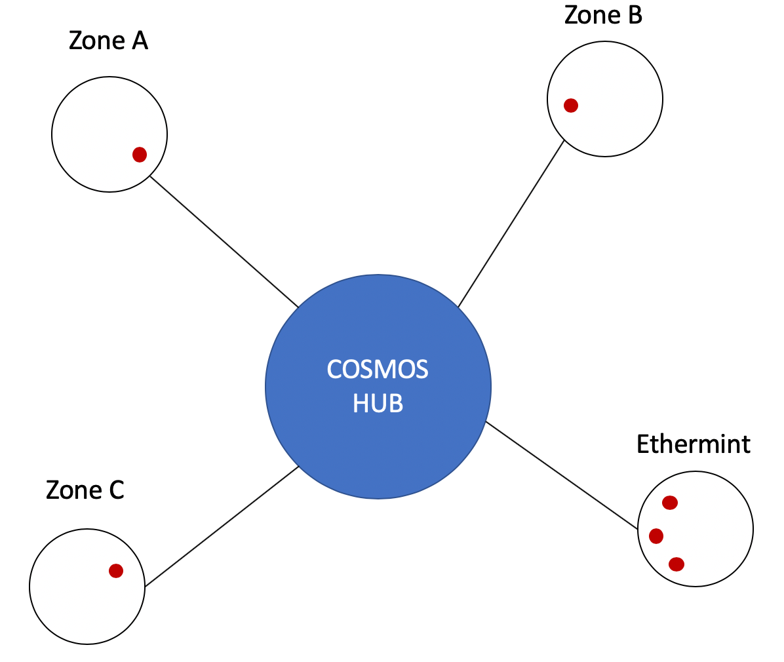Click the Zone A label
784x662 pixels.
coord(108,41)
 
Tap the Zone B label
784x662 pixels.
coord(603,14)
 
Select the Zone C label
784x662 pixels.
coord(85,490)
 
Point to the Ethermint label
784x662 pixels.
coord(693,444)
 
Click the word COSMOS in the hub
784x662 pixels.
coord(378,370)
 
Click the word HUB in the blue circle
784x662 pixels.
coord(378,403)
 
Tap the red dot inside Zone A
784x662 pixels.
coord(140,155)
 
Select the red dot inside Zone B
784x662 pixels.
coord(571,106)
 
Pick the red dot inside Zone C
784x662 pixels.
coord(116,571)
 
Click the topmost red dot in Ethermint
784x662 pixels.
coord(669,503)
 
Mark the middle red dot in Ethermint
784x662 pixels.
coord(656,536)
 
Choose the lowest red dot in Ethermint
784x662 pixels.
coord(676,564)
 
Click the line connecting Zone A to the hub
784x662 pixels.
coord(224,242)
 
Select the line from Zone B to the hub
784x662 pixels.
coord(511,224)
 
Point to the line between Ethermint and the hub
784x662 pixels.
coord(561,475)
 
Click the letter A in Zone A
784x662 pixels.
coord(139,41)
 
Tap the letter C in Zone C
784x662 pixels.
coord(116,490)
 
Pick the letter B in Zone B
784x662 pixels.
coord(634,14)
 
